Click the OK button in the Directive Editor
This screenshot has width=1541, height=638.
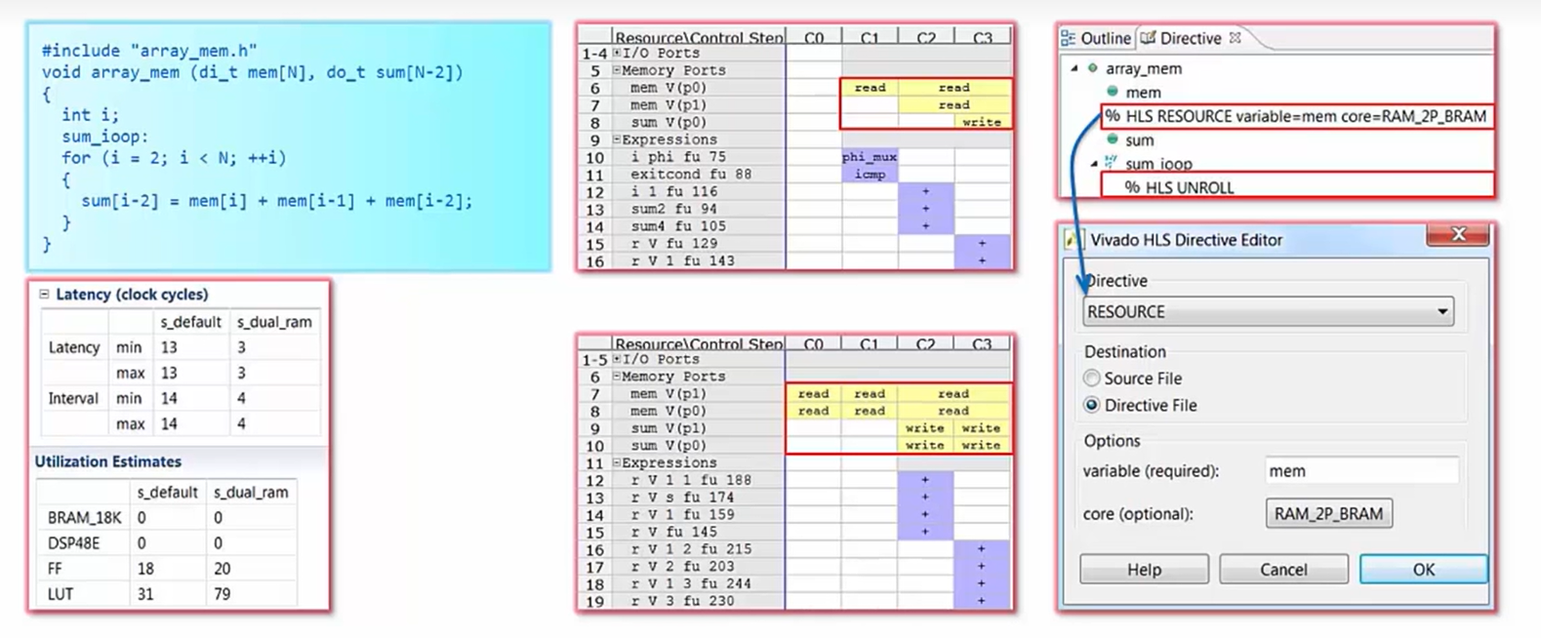(1423, 570)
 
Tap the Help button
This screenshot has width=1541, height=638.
(1144, 570)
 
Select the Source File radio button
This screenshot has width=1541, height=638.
(1092, 379)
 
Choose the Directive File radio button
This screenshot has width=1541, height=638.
(1092, 405)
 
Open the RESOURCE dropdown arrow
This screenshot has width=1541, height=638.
(1441, 312)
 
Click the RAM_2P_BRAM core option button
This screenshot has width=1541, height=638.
(1328, 514)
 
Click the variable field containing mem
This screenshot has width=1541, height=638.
(1360, 471)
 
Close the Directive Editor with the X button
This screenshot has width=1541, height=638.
(1458, 234)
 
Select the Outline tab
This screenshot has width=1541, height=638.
(1096, 38)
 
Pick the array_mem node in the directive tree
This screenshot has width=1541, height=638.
(1143, 68)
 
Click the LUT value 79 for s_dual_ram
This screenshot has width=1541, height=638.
(223, 594)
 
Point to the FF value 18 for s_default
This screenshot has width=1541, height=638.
(145, 569)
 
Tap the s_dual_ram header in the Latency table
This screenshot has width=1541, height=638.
(274, 322)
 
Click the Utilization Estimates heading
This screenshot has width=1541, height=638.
(108, 461)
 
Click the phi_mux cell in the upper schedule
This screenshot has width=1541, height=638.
(869, 157)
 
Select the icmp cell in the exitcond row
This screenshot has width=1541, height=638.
(869, 175)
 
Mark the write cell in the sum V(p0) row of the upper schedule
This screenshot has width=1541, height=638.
(981, 123)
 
